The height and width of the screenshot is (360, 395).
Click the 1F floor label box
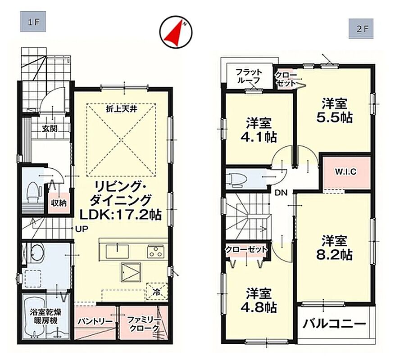(x=33, y=22)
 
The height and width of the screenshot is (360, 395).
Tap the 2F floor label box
(x=361, y=28)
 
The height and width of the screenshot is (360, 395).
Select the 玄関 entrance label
(x=50, y=129)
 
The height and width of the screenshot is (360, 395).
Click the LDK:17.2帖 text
(x=120, y=215)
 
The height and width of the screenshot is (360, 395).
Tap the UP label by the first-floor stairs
(x=82, y=229)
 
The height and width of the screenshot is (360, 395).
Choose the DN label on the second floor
(x=281, y=193)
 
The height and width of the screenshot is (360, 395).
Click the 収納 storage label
(x=59, y=203)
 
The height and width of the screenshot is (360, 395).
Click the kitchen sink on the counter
(x=117, y=251)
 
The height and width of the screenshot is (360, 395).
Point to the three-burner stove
(x=156, y=251)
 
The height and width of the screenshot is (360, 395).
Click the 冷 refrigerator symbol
(x=157, y=292)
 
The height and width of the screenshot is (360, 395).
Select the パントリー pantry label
(x=95, y=322)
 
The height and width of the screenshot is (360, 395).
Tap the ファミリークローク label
(x=143, y=324)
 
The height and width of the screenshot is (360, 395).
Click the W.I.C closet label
(x=345, y=172)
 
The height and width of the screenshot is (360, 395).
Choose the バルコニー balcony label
(x=334, y=323)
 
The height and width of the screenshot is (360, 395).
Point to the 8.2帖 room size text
(x=334, y=255)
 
